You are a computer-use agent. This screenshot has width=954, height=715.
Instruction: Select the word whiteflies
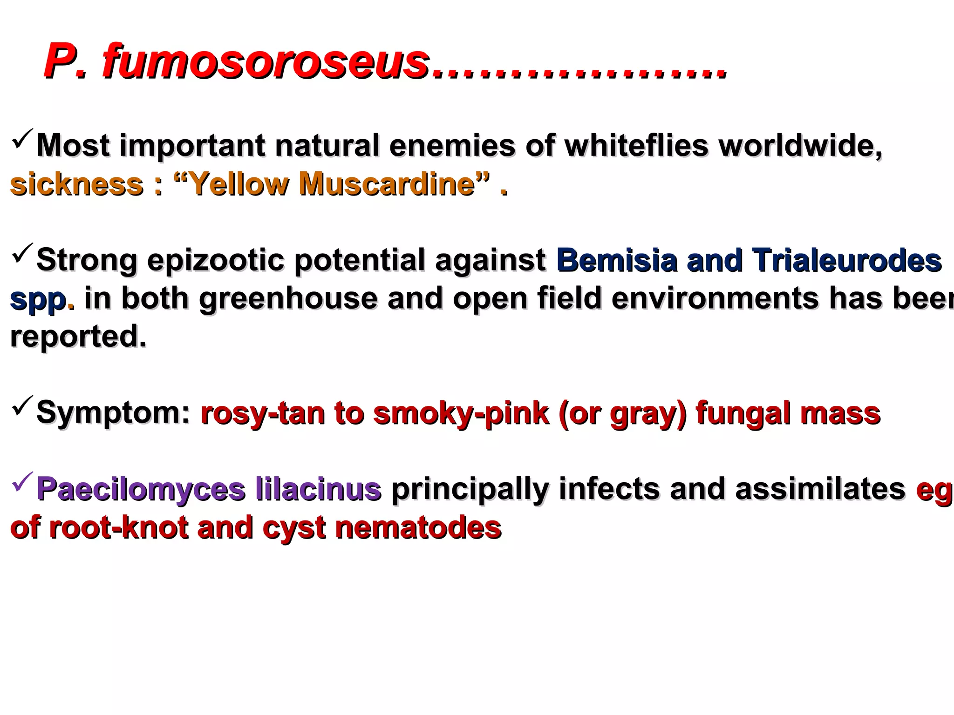pyautogui.click(x=636, y=146)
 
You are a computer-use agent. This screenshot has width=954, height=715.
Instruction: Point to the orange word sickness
pyautogui.click(x=77, y=184)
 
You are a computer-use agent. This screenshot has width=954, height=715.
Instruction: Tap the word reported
pyautogui.click(x=78, y=337)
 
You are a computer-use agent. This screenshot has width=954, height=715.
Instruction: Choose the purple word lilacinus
pyautogui.click(x=318, y=489)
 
